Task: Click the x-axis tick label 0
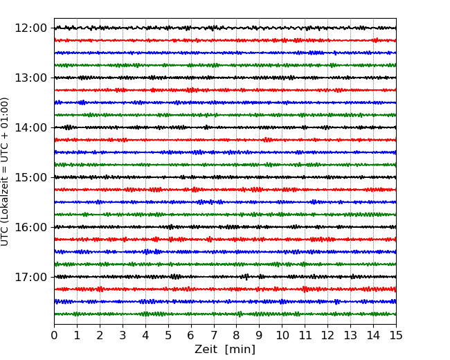pos(54,336)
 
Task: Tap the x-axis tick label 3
pos(123,336)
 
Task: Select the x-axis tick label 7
pos(214,336)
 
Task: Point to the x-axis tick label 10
pos(282,336)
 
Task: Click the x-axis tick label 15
pos(396,336)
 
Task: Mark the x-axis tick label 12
pos(327,336)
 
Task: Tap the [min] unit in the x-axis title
pos(240,350)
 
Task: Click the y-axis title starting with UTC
pos(6,171)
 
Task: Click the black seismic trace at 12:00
pos(225,28)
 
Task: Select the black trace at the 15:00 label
pos(225,177)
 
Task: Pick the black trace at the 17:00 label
pos(225,277)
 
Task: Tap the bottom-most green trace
pos(225,314)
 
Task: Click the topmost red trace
pos(225,40)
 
